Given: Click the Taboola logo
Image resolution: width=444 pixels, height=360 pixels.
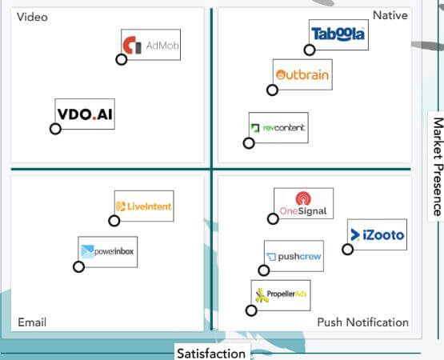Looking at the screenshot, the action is (x=338, y=35).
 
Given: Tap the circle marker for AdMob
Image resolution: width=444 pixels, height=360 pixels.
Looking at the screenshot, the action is (x=121, y=59).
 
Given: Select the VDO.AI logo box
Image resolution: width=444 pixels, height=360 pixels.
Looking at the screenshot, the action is (x=85, y=114).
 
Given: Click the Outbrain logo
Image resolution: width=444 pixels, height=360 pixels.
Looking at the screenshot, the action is (x=302, y=74).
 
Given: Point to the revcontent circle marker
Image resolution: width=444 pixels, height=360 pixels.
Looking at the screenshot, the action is (x=249, y=143).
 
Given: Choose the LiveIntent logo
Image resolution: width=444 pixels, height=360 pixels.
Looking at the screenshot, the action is (x=144, y=206).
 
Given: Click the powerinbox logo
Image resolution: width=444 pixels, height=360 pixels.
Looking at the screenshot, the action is (x=108, y=252).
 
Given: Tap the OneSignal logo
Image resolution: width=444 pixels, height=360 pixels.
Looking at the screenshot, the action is (x=303, y=203).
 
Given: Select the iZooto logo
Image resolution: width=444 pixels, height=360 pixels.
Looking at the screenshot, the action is (x=377, y=234).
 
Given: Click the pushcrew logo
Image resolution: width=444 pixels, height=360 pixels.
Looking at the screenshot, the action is (x=294, y=256).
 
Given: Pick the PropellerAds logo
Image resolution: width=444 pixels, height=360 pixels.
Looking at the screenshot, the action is (x=281, y=295).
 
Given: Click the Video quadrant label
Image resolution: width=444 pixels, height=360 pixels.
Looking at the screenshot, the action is (x=32, y=17).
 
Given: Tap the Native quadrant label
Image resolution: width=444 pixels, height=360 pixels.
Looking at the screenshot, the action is (x=390, y=15).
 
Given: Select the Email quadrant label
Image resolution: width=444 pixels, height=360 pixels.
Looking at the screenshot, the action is (x=32, y=322).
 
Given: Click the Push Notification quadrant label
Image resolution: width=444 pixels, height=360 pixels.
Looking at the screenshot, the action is (x=362, y=322).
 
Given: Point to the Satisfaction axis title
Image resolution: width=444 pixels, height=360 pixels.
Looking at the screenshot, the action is (x=211, y=354).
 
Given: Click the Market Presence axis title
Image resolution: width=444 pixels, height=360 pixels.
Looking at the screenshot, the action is (x=438, y=167).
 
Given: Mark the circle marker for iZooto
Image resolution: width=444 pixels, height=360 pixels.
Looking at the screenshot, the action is (x=347, y=250).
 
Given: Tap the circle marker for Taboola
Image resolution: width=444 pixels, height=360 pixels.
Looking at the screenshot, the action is (x=310, y=50).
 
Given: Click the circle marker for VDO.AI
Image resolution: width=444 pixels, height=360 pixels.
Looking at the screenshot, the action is (x=55, y=129).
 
